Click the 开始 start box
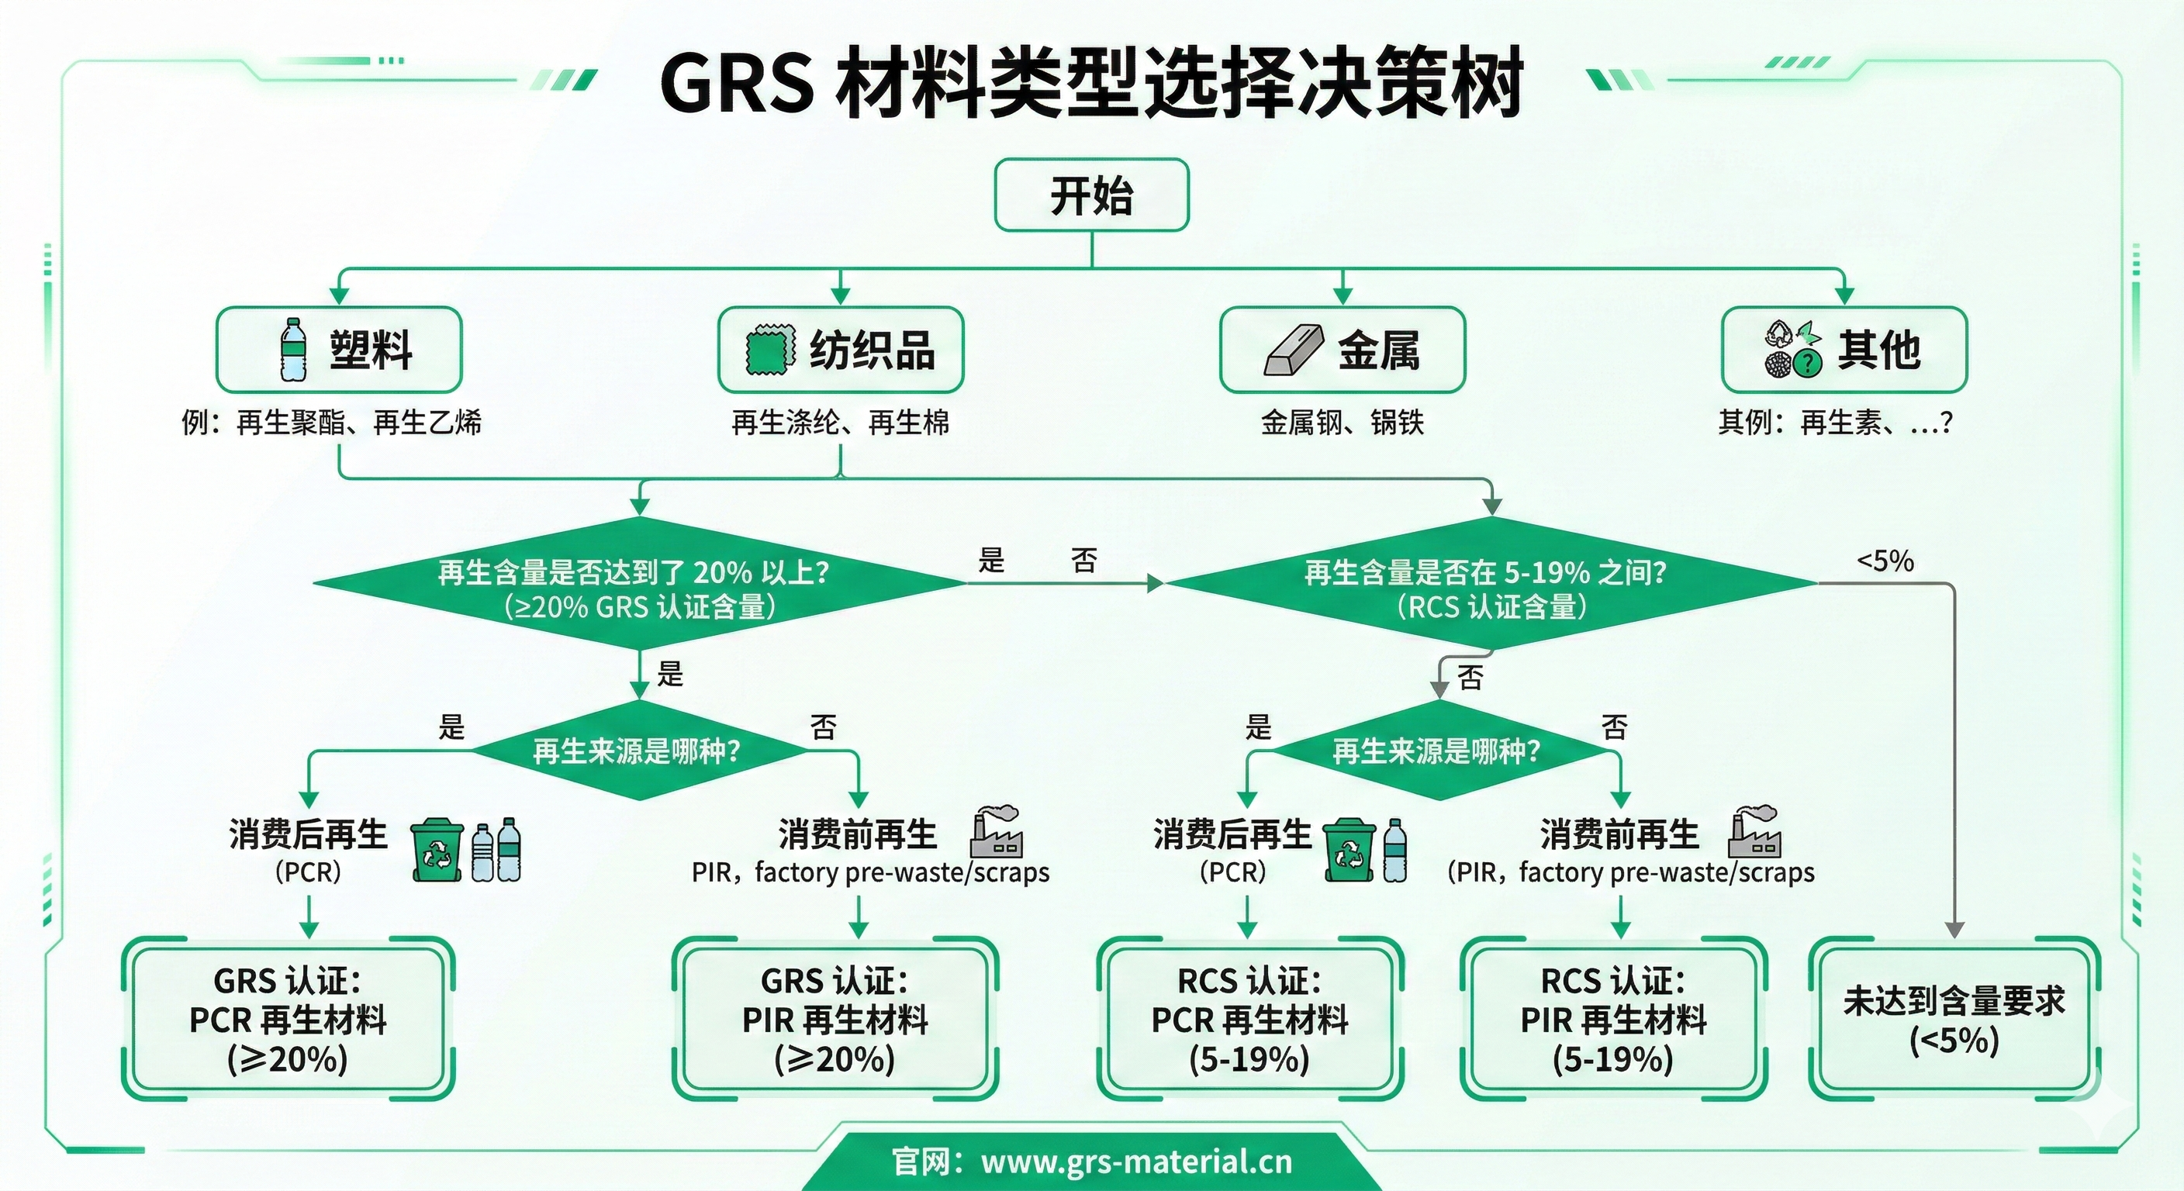[1091, 195]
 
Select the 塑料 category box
[339, 349]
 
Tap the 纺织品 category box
[840, 349]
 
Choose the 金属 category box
[1342, 349]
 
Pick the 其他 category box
[1844, 349]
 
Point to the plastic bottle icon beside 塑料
[293, 349]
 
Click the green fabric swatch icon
[770, 349]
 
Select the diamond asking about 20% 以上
[640, 584]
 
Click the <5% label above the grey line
[1885, 561]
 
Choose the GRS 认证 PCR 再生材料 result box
[289, 1019]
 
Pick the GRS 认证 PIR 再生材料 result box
[835, 1019]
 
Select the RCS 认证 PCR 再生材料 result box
[1249, 1019]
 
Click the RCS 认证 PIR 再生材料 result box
[1613, 1019]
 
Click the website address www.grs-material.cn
[1136, 1162]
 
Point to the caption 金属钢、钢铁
[1342, 422]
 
